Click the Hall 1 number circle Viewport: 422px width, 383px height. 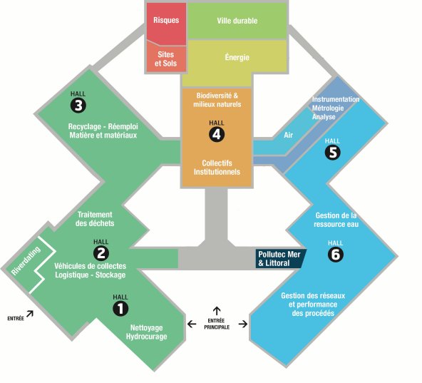pos(120,308)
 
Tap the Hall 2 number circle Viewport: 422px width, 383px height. pos(101,253)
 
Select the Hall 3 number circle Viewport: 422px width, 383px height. pos(78,106)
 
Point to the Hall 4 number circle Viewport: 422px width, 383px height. pos(217,134)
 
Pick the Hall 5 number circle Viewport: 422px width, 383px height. pos(333,152)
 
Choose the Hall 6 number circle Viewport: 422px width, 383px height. pos(336,254)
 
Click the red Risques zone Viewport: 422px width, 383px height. pos(166,23)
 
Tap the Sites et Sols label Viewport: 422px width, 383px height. pos(166,58)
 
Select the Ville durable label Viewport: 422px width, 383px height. pos(237,21)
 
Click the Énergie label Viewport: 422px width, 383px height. pos(237,57)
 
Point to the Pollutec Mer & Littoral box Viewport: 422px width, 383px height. pos(281,259)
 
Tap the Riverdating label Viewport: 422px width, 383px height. pos(26,260)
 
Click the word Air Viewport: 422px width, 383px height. pos(288,135)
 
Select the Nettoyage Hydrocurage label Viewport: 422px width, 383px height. pos(146,332)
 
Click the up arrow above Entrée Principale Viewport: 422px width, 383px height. pos(217,311)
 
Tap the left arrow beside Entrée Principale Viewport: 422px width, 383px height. pos(192,324)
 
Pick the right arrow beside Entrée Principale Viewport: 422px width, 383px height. pos(243,324)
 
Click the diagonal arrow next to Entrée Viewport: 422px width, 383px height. pos(30,314)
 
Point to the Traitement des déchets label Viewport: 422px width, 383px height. pos(95,219)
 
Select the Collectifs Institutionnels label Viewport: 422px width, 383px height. pos(217,168)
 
